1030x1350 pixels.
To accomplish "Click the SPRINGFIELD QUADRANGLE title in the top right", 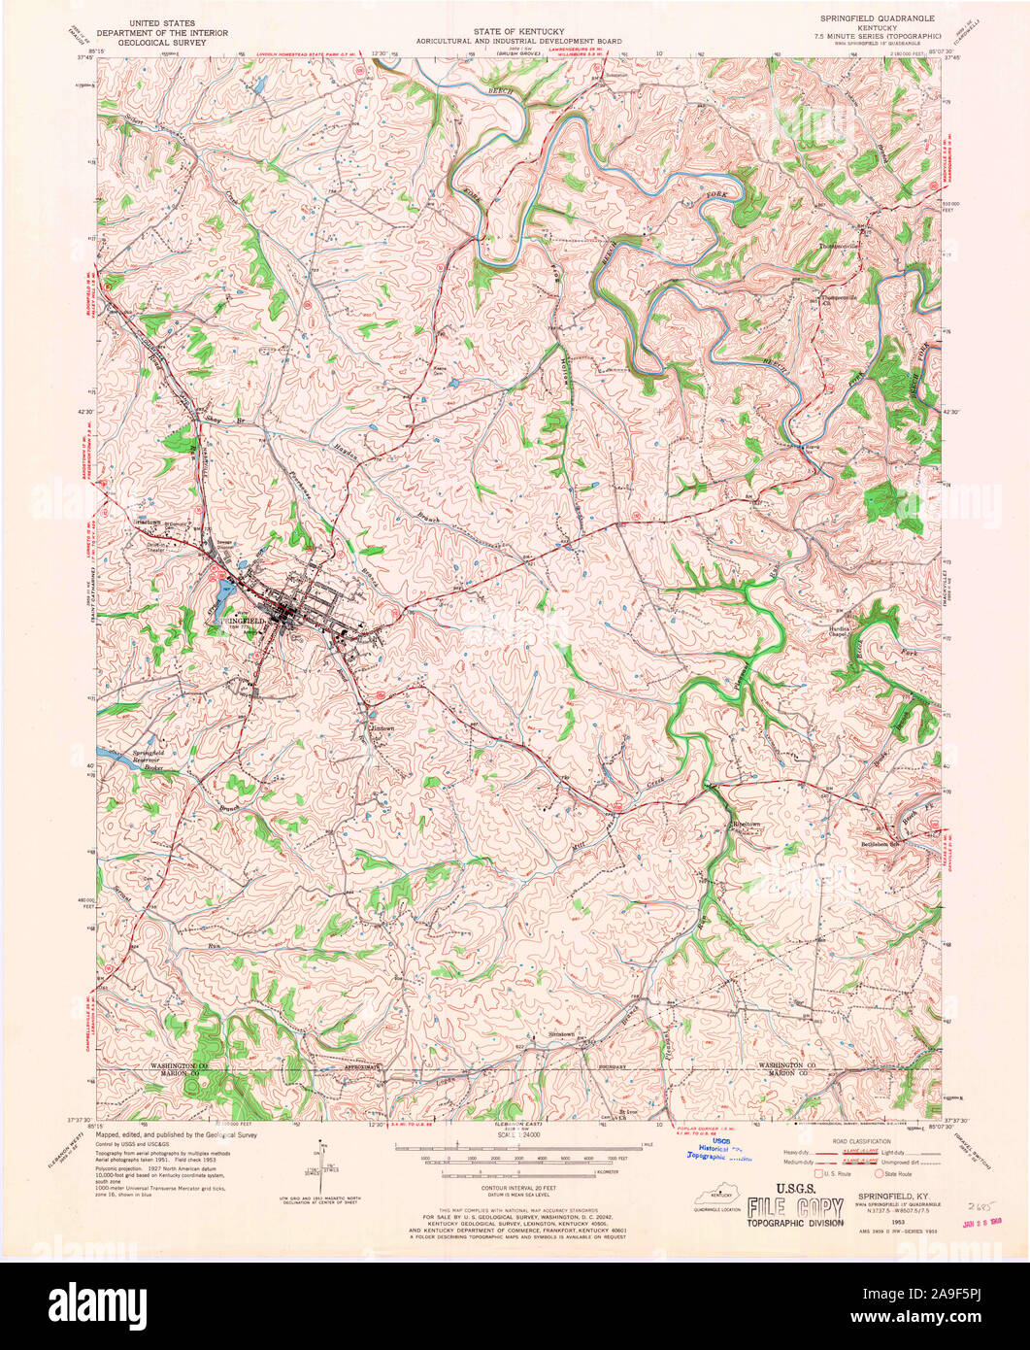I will coord(867,17).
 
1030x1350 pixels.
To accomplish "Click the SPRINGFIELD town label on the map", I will coord(241,620).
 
